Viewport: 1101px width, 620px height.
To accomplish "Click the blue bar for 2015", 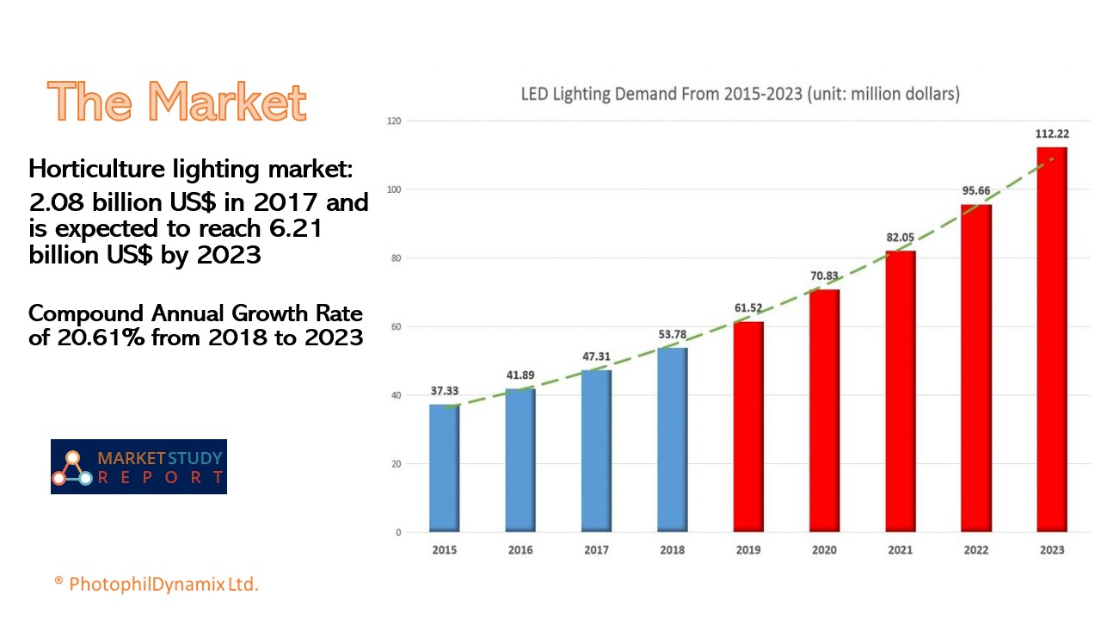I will (x=444, y=468).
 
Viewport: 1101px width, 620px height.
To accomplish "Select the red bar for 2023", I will (x=1052, y=339).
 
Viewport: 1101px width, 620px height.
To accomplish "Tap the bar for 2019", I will (x=747, y=426).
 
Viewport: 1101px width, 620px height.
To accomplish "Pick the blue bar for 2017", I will (x=596, y=450).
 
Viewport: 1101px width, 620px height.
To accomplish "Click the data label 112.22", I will (x=1052, y=133).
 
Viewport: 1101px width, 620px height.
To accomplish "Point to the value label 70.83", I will (x=824, y=276).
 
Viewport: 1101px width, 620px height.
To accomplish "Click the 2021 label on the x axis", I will (x=900, y=549).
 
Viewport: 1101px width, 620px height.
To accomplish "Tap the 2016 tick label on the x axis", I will (x=520, y=549).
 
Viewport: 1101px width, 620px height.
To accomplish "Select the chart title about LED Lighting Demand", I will (x=740, y=94).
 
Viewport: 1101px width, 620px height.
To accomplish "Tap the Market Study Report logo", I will (x=138, y=467).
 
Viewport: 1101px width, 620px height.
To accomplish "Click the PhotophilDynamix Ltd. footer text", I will (x=163, y=584).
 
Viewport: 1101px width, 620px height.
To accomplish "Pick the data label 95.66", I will (x=975, y=190).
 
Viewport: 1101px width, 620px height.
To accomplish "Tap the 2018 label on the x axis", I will (x=673, y=549).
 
